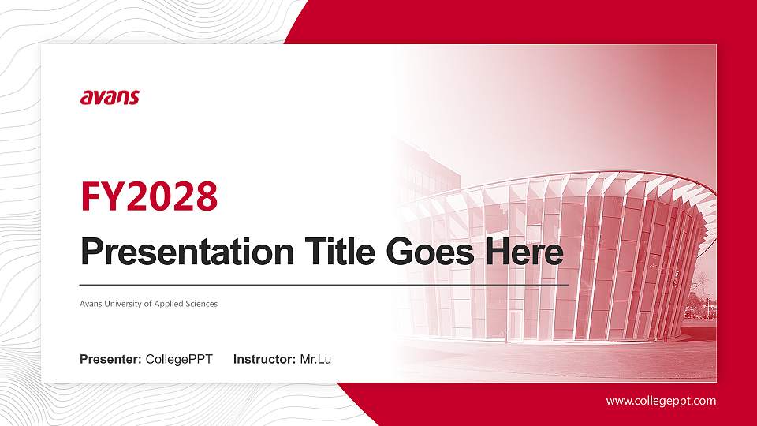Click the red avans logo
click(110, 97)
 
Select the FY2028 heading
click(149, 197)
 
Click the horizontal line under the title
click(324, 284)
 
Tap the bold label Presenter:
click(110, 360)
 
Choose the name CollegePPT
click(179, 360)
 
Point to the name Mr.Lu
click(315, 360)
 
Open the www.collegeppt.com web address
click(661, 401)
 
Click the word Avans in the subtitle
click(91, 304)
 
